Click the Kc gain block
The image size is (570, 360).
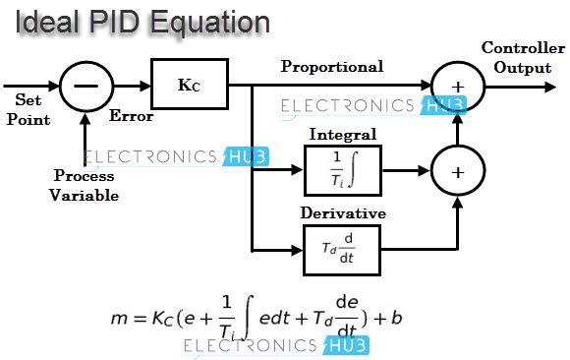pyautogui.click(x=189, y=85)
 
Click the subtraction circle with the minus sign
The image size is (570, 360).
pyautogui.click(x=86, y=87)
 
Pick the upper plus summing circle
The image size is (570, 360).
pyautogui.click(x=457, y=87)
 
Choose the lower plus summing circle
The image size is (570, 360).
pyautogui.click(x=457, y=170)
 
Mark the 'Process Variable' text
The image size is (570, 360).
pyautogui.click(x=85, y=186)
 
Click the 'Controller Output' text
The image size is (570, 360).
pyautogui.click(x=523, y=58)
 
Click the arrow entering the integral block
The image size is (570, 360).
pyautogui.click(x=295, y=169)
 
